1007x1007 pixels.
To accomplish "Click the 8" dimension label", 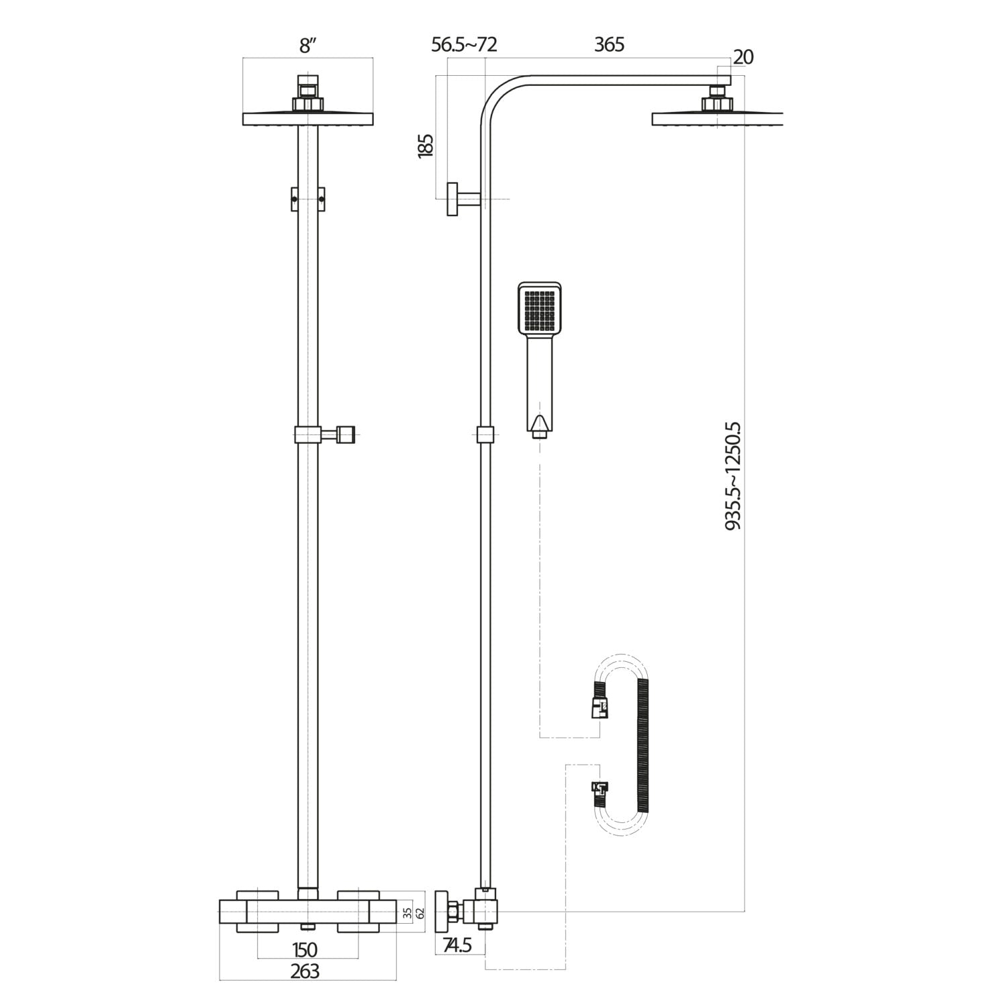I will point(307,46).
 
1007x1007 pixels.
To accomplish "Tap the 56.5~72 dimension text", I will point(464,45).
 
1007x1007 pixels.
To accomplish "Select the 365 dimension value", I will point(609,45).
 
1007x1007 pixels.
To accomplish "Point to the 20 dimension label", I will point(743,58).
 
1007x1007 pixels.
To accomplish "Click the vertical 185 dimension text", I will point(426,146).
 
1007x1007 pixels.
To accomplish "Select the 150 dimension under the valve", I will point(305,950).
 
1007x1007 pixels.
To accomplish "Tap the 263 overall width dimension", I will point(305,971).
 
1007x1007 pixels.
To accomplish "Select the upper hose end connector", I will point(600,702).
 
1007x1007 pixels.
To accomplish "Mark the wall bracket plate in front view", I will point(307,199).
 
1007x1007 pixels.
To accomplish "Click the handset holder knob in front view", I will point(346,435).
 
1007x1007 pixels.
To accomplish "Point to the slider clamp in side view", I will point(486,435).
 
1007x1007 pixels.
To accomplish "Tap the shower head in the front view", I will point(307,118).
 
